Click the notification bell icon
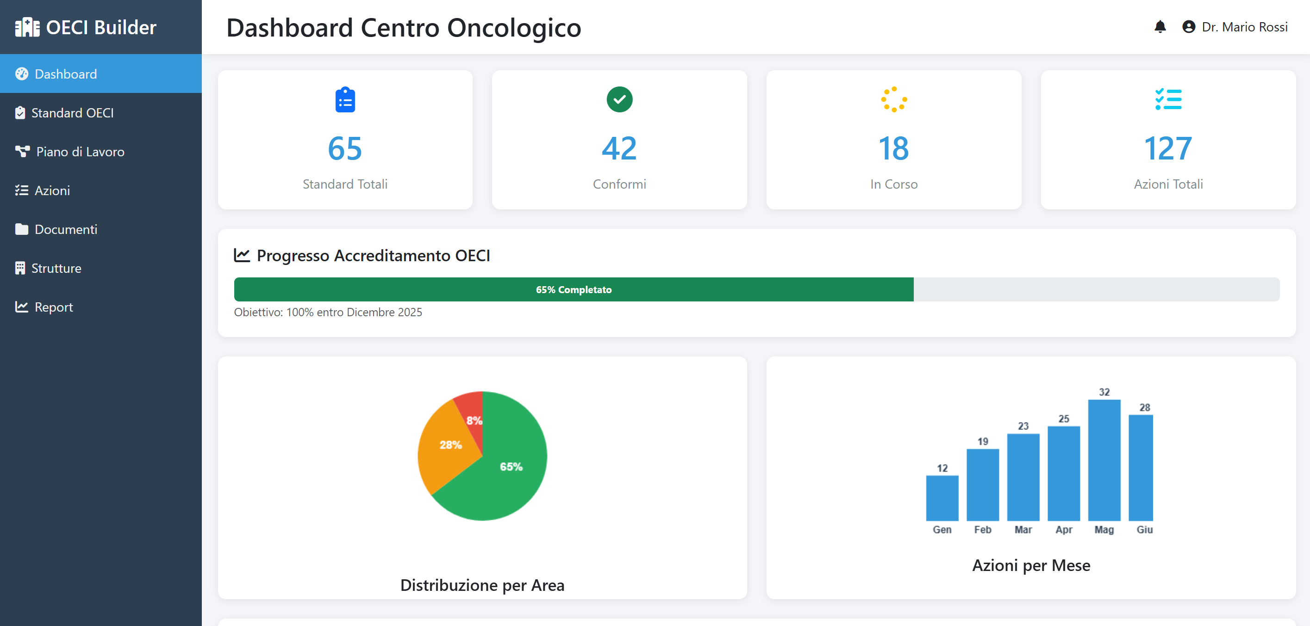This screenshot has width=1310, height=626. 1160,27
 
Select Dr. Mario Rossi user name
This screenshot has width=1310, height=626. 1244,27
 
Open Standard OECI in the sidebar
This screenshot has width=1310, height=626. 72,113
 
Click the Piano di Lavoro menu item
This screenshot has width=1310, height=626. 80,152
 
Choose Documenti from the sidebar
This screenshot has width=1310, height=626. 66,229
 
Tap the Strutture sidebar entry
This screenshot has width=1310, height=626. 56,268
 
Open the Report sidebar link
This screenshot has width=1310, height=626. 53,307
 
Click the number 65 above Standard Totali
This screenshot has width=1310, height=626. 345,148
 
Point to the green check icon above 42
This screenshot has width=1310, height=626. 619,99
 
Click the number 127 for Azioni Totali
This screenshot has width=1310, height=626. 1167,148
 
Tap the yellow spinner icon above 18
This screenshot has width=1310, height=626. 893,99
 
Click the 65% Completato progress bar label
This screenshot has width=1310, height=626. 573,289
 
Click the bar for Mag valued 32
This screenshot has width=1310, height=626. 1104,460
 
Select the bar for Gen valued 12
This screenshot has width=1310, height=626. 942,498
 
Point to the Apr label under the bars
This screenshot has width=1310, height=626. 1063,529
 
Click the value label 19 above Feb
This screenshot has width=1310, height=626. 982,441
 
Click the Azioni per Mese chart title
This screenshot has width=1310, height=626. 1031,565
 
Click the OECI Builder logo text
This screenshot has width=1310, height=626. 101,27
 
